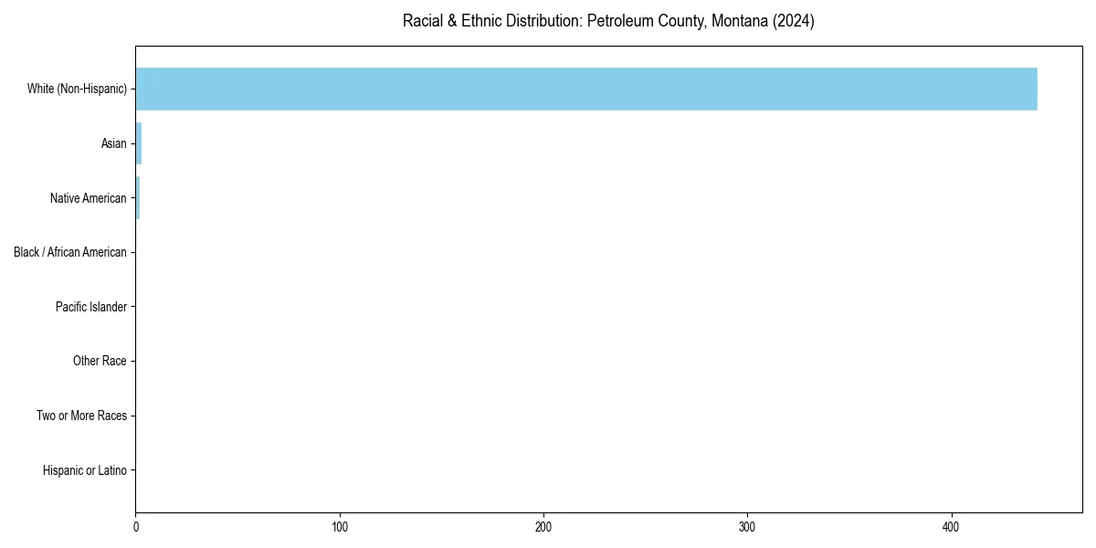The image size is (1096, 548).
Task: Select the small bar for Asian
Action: pos(139,143)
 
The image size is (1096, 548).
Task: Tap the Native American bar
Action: pos(138,198)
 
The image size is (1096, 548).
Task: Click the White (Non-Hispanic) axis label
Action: pos(77,89)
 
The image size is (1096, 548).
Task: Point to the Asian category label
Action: pos(114,143)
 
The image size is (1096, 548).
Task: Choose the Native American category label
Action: pos(89,198)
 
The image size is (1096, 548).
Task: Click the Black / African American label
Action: pos(70,252)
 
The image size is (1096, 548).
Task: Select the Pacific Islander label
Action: pos(91,307)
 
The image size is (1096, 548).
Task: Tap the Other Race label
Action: pos(100,362)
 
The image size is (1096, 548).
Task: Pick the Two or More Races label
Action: pos(81,416)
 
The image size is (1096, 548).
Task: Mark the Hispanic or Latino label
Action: pos(85,470)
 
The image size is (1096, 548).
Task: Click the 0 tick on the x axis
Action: pos(136,527)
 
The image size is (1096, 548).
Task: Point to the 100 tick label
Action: pos(340,527)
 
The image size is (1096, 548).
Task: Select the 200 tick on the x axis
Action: pos(543,527)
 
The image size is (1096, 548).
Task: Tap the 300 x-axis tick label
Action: pos(747,527)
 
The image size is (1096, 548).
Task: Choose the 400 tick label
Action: pos(951,527)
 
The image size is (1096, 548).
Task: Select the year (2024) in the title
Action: pos(793,21)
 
